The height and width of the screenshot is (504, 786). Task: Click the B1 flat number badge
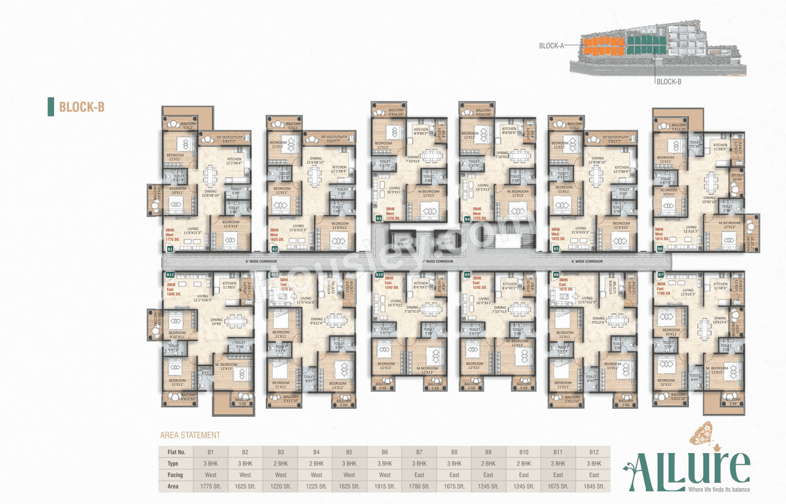click(x=170, y=249)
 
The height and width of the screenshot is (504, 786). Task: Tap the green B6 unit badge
click(x=660, y=249)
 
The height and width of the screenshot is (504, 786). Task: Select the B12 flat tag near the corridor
click(x=170, y=275)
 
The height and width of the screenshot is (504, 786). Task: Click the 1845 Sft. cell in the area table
click(x=593, y=486)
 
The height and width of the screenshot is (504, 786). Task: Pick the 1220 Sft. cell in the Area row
click(x=281, y=486)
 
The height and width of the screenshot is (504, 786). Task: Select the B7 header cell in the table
click(x=418, y=451)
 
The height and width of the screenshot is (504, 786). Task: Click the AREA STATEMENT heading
click(x=190, y=435)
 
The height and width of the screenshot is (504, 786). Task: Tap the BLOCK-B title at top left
click(x=81, y=107)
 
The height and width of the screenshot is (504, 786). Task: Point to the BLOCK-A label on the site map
click(x=551, y=45)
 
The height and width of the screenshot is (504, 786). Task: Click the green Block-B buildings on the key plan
click(x=646, y=45)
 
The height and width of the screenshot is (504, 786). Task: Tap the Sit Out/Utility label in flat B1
click(x=225, y=139)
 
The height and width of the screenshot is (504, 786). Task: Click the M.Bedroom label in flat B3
click(x=427, y=192)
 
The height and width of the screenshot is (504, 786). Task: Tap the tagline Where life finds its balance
click(x=719, y=489)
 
